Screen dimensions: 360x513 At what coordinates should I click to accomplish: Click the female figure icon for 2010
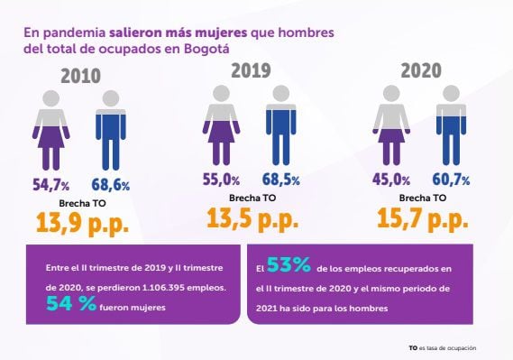pos(50,128)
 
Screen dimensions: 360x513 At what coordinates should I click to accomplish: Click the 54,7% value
pos(53,185)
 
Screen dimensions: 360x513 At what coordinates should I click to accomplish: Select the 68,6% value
pos(110,185)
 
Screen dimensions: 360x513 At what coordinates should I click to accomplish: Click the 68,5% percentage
pos(282,180)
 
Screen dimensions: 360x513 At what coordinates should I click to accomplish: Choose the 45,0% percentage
pos(391,180)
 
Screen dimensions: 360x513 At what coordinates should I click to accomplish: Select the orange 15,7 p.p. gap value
pos(421,217)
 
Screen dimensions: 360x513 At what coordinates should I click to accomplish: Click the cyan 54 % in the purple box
pos(71,304)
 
